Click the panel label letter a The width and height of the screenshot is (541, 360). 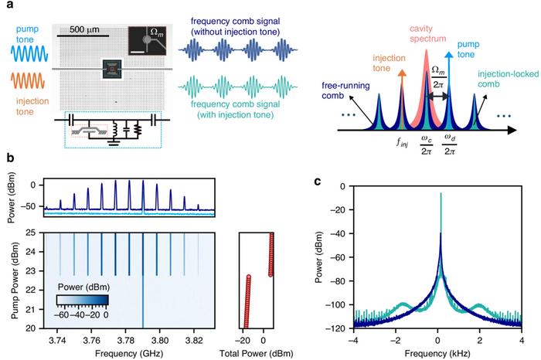(x=6, y=6)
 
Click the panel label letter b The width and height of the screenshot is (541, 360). (x=6, y=158)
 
